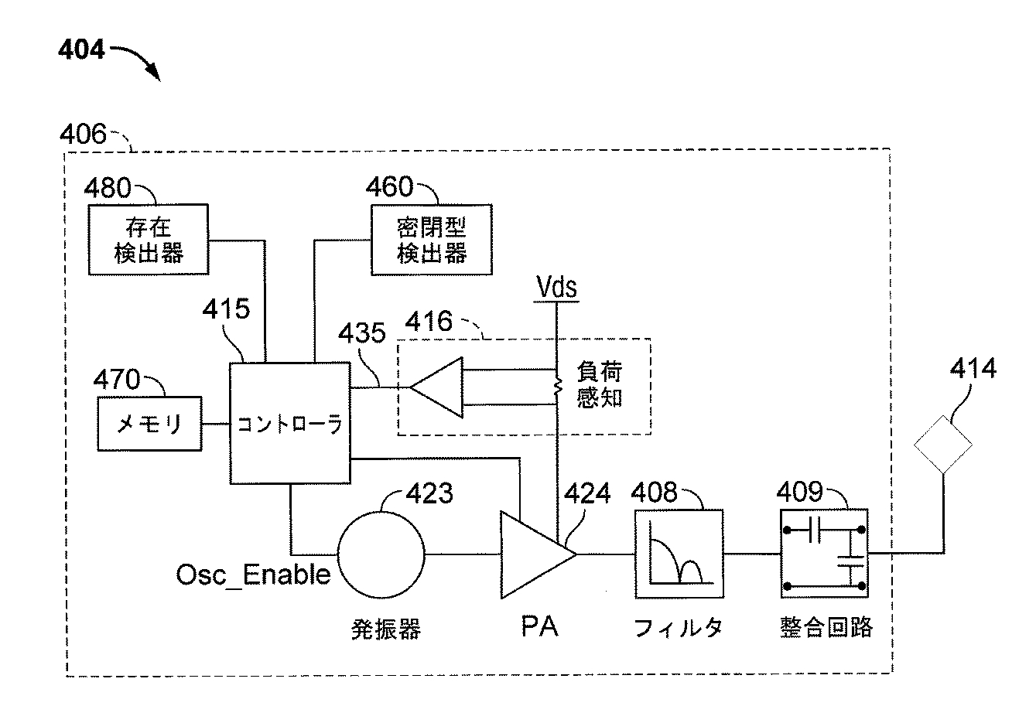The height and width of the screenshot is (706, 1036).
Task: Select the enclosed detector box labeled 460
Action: (x=431, y=239)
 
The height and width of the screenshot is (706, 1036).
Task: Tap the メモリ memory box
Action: (x=149, y=424)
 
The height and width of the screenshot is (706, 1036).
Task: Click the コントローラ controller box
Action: (x=290, y=424)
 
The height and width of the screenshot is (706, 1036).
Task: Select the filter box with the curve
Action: (x=679, y=554)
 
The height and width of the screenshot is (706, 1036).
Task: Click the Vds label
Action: (x=557, y=288)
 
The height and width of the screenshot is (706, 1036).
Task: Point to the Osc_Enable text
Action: (x=253, y=575)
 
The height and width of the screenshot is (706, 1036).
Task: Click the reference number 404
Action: (x=81, y=51)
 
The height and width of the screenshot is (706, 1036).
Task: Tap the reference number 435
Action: (x=362, y=334)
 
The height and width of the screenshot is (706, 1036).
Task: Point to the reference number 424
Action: (x=587, y=493)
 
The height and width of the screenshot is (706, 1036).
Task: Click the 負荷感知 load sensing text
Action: (x=600, y=386)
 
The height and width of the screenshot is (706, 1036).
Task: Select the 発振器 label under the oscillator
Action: (x=385, y=629)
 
